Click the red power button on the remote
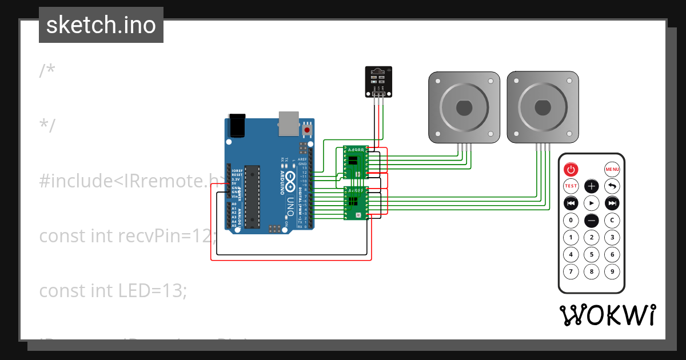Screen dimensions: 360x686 click(571, 169)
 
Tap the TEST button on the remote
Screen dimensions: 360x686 click(571, 186)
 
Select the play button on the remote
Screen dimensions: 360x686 click(592, 203)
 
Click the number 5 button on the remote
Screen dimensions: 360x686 click(592, 254)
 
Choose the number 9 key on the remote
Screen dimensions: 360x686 click(612, 271)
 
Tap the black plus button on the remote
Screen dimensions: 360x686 click(592, 186)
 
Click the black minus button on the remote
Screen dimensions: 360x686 click(592, 220)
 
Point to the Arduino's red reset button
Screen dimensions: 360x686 click(307, 130)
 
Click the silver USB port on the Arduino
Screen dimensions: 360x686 click(289, 123)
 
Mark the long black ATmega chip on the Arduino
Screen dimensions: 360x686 click(252, 197)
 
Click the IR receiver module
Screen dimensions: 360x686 click(378, 81)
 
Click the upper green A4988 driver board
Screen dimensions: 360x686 click(356, 163)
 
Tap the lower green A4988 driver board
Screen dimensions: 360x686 click(356, 203)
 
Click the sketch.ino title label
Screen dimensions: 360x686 click(101, 25)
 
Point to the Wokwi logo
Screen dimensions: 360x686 click(607, 315)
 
